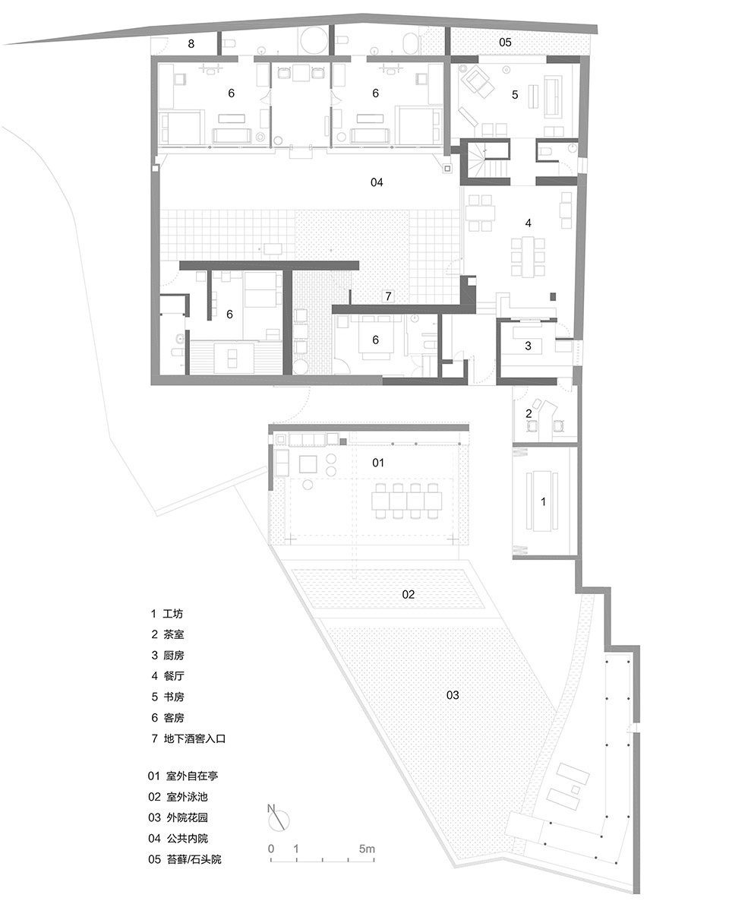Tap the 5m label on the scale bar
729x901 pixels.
point(367,849)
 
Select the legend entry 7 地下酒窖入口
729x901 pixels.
point(188,738)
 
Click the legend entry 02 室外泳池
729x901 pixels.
point(178,797)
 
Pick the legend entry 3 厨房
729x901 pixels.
point(167,655)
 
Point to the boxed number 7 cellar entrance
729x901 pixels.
point(388,296)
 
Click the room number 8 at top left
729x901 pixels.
point(191,43)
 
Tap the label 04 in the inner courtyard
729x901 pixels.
point(377,182)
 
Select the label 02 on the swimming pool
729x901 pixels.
point(408,594)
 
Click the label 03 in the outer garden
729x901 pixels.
point(453,695)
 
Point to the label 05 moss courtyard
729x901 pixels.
point(505,42)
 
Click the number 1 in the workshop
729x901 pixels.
point(544,501)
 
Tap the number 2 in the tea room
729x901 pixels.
point(529,413)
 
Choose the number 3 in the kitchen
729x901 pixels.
point(528,346)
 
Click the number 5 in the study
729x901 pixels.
point(515,94)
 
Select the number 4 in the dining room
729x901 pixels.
point(528,223)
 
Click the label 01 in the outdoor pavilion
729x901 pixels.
point(378,463)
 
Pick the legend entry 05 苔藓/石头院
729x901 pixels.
point(185,860)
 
